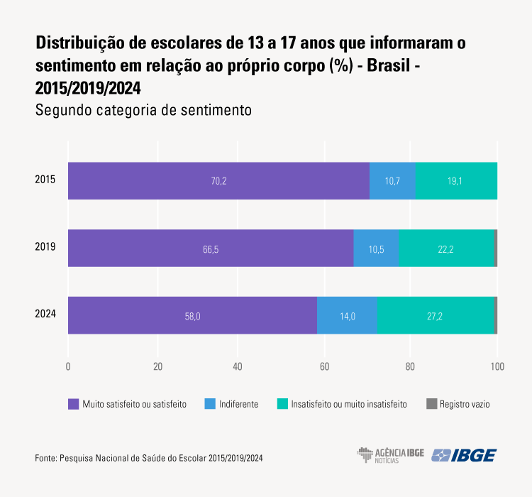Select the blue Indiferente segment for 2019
[376, 248]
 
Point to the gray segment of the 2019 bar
[495, 248]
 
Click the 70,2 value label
[218, 181]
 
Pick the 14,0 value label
[347, 316]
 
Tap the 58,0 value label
[192, 316]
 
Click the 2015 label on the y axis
[45, 180]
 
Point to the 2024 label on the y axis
[45, 315]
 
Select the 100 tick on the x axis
[497, 367]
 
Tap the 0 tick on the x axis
[68, 367]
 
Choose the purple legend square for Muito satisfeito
[73, 404]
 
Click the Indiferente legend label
[239, 404]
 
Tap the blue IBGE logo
[465, 455]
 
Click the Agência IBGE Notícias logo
[390, 455]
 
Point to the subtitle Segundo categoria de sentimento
[144, 111]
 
